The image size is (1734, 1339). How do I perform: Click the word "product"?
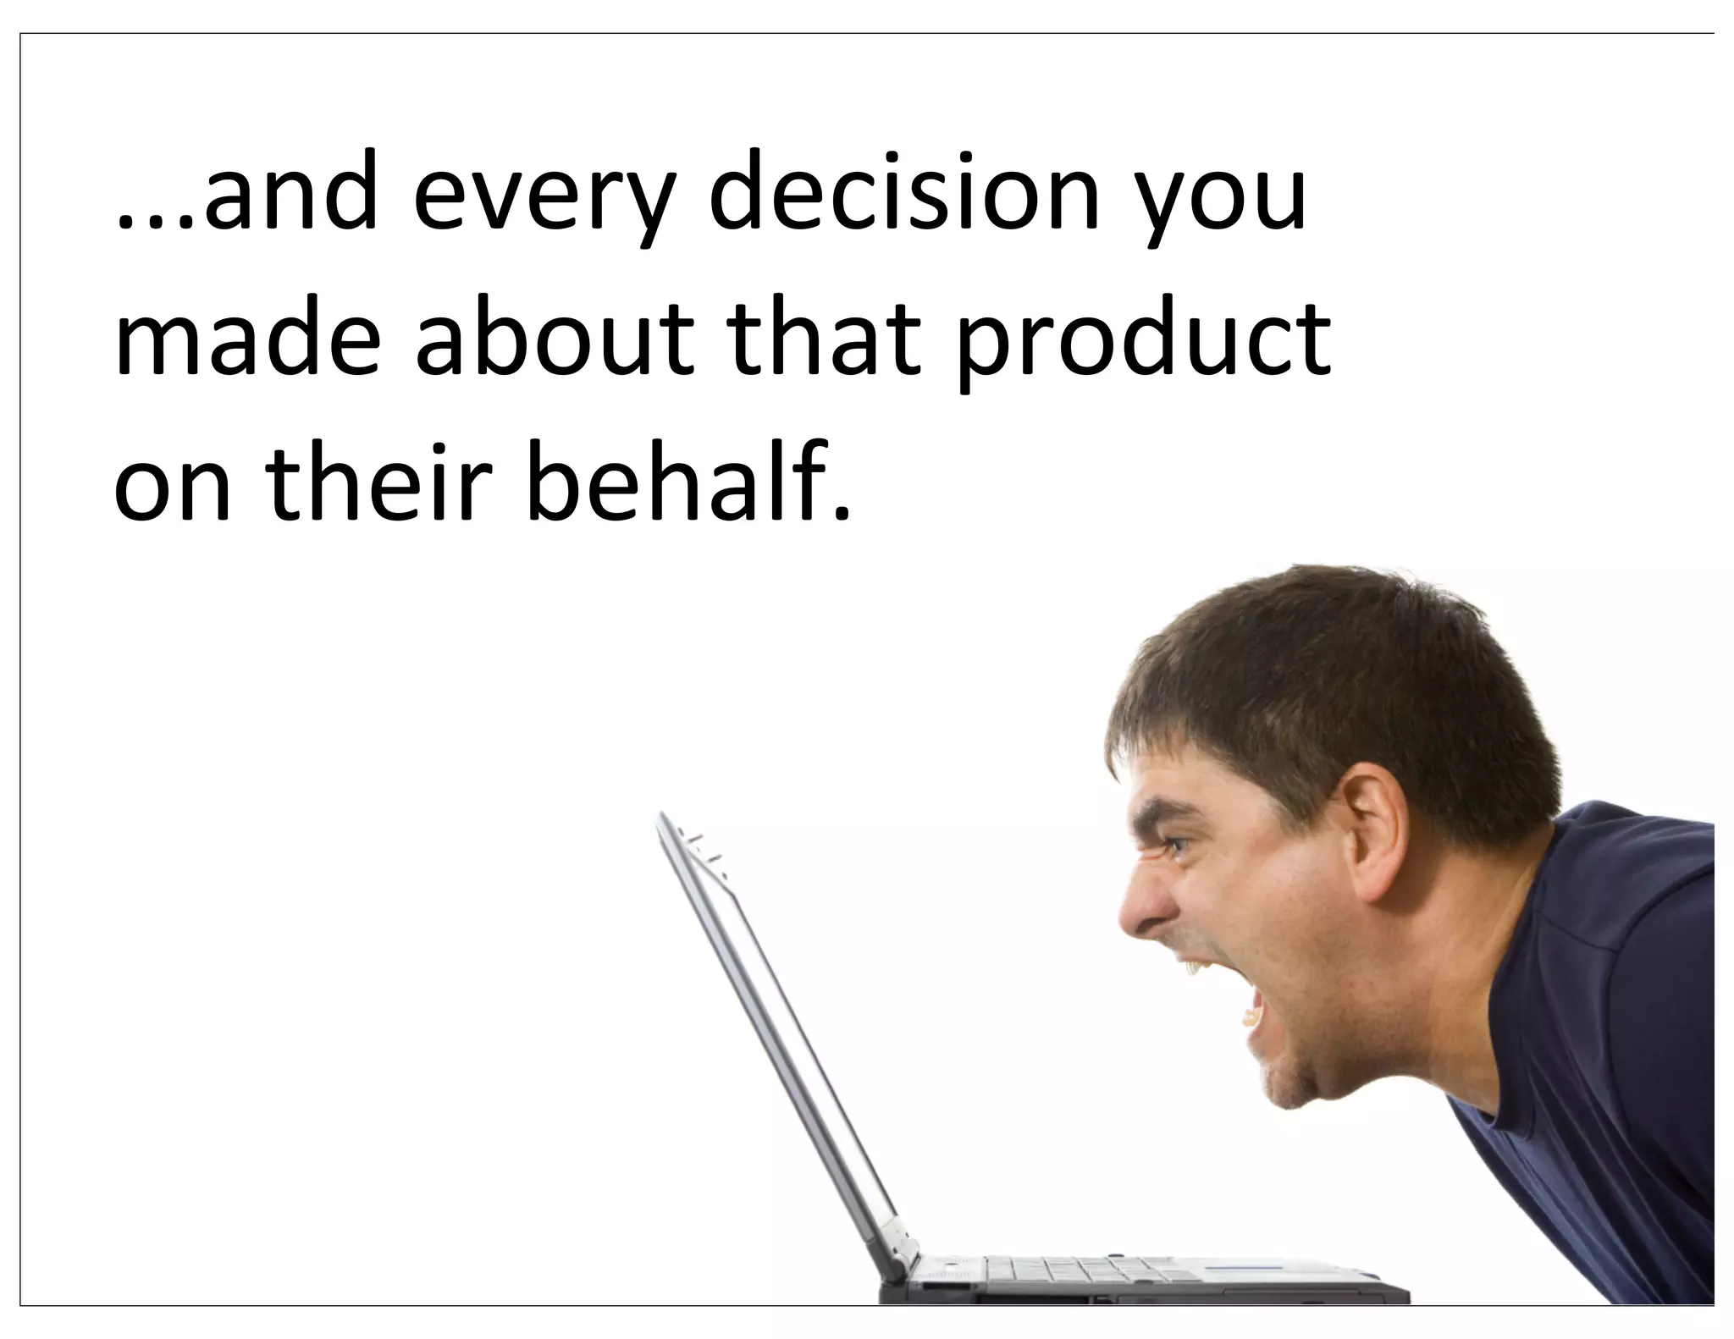(x=1144, y=343)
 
